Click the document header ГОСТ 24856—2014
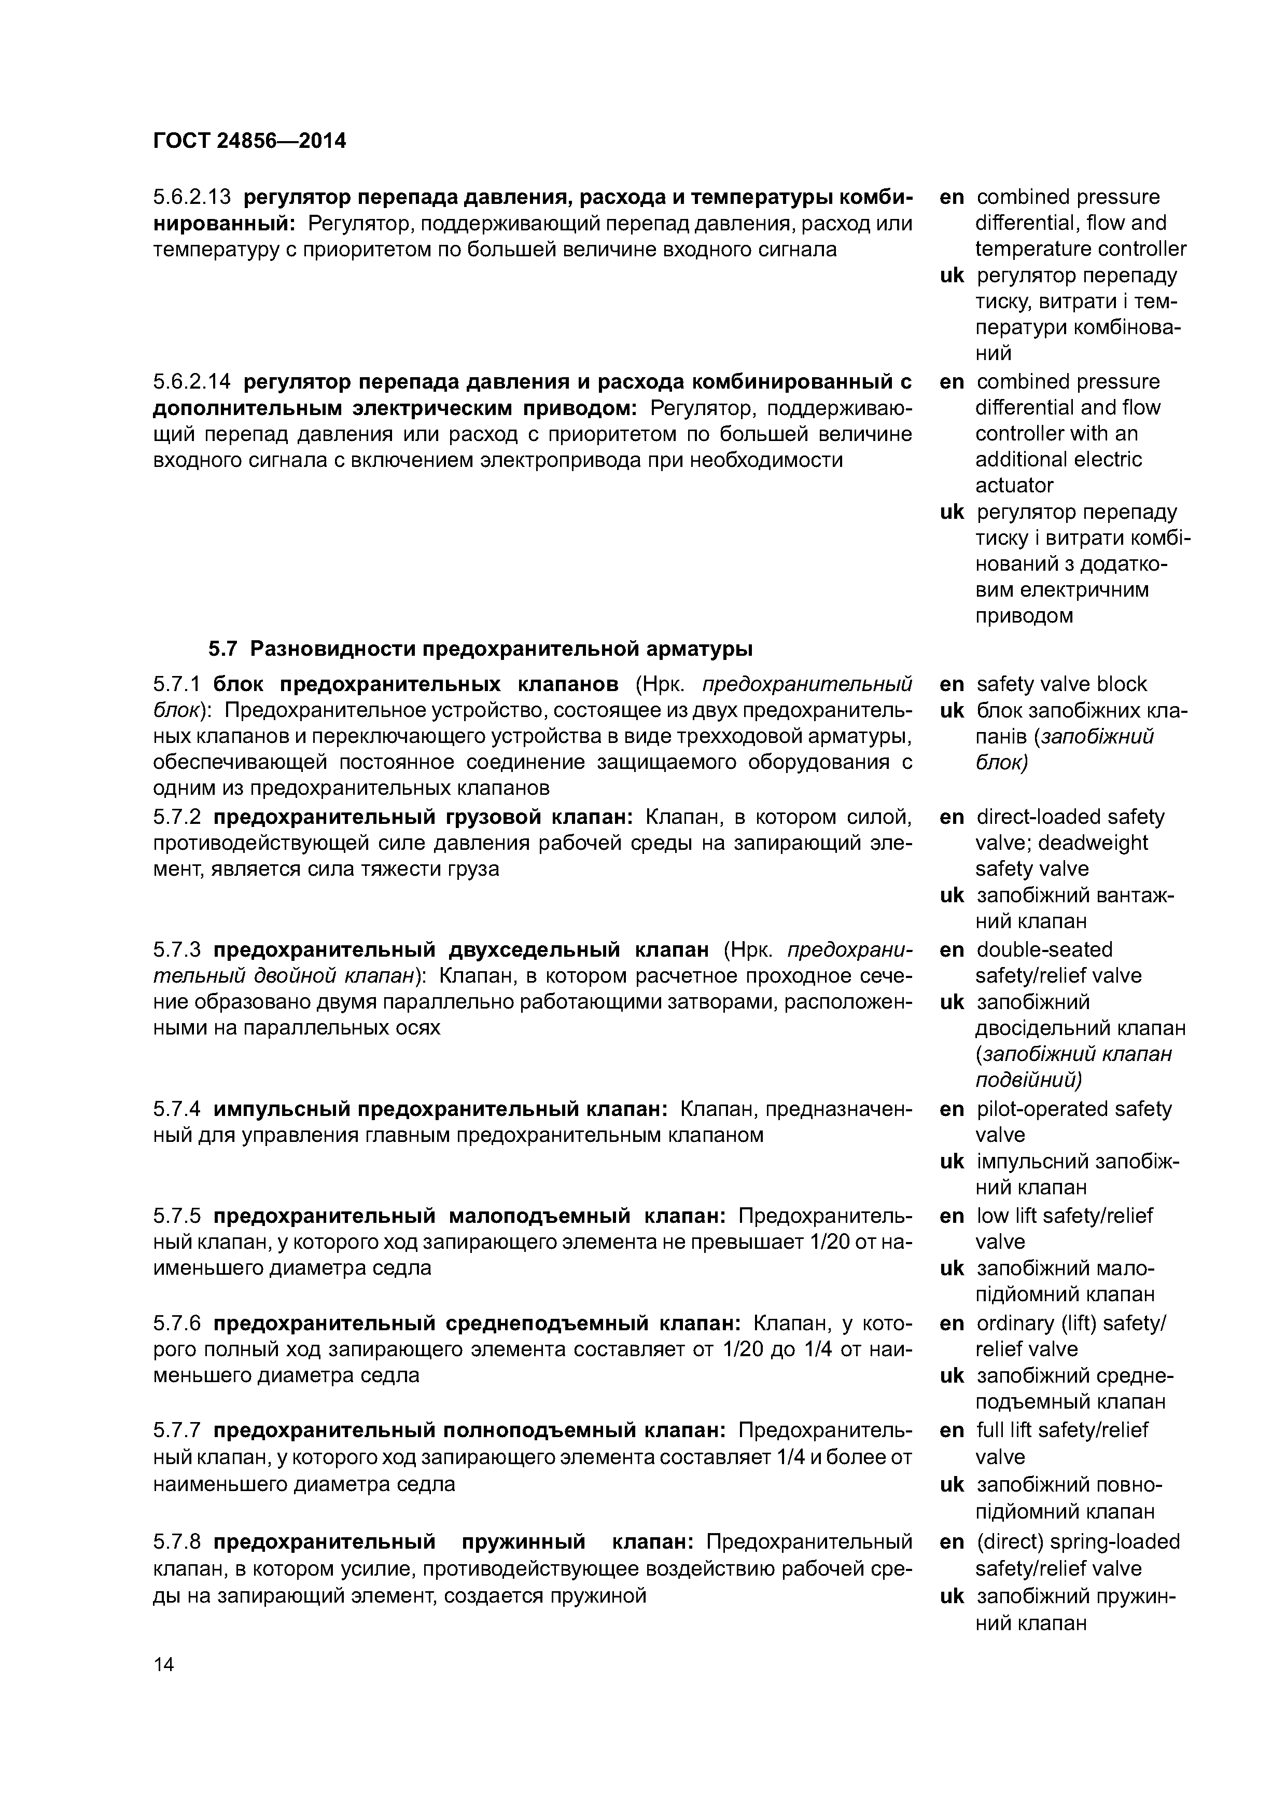(x=249, y=141)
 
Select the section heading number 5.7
(x=222, y=649)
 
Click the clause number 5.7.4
(x=177, y=1109)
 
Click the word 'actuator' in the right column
(x=1014, y=485)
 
